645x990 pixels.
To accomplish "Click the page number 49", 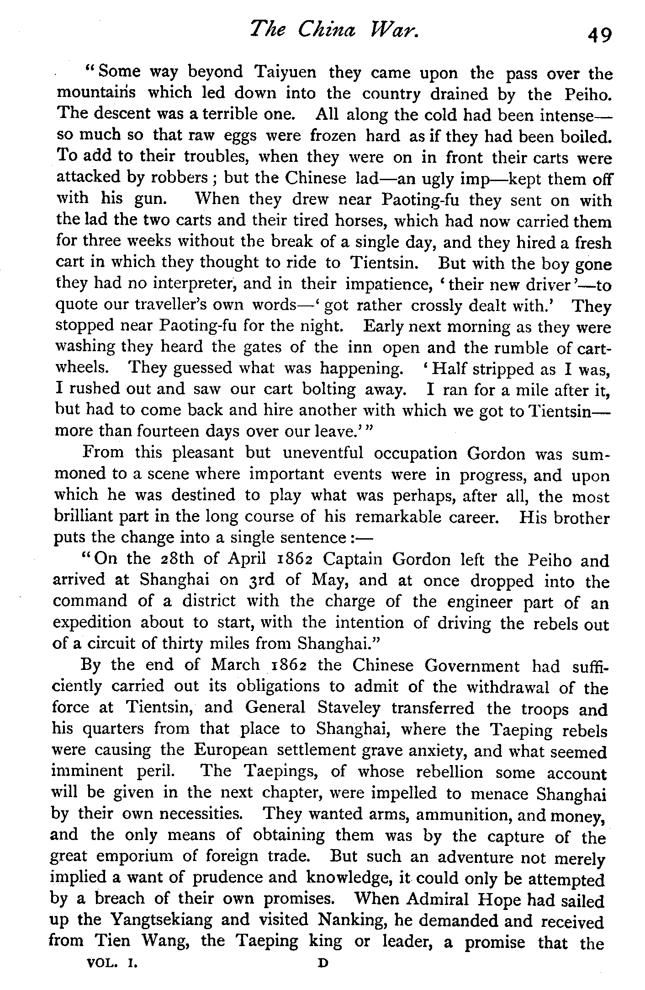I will (x=599, y=35).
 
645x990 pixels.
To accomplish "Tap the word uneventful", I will (x=323, y=453).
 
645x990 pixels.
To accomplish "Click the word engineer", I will (x=479, y=602).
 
